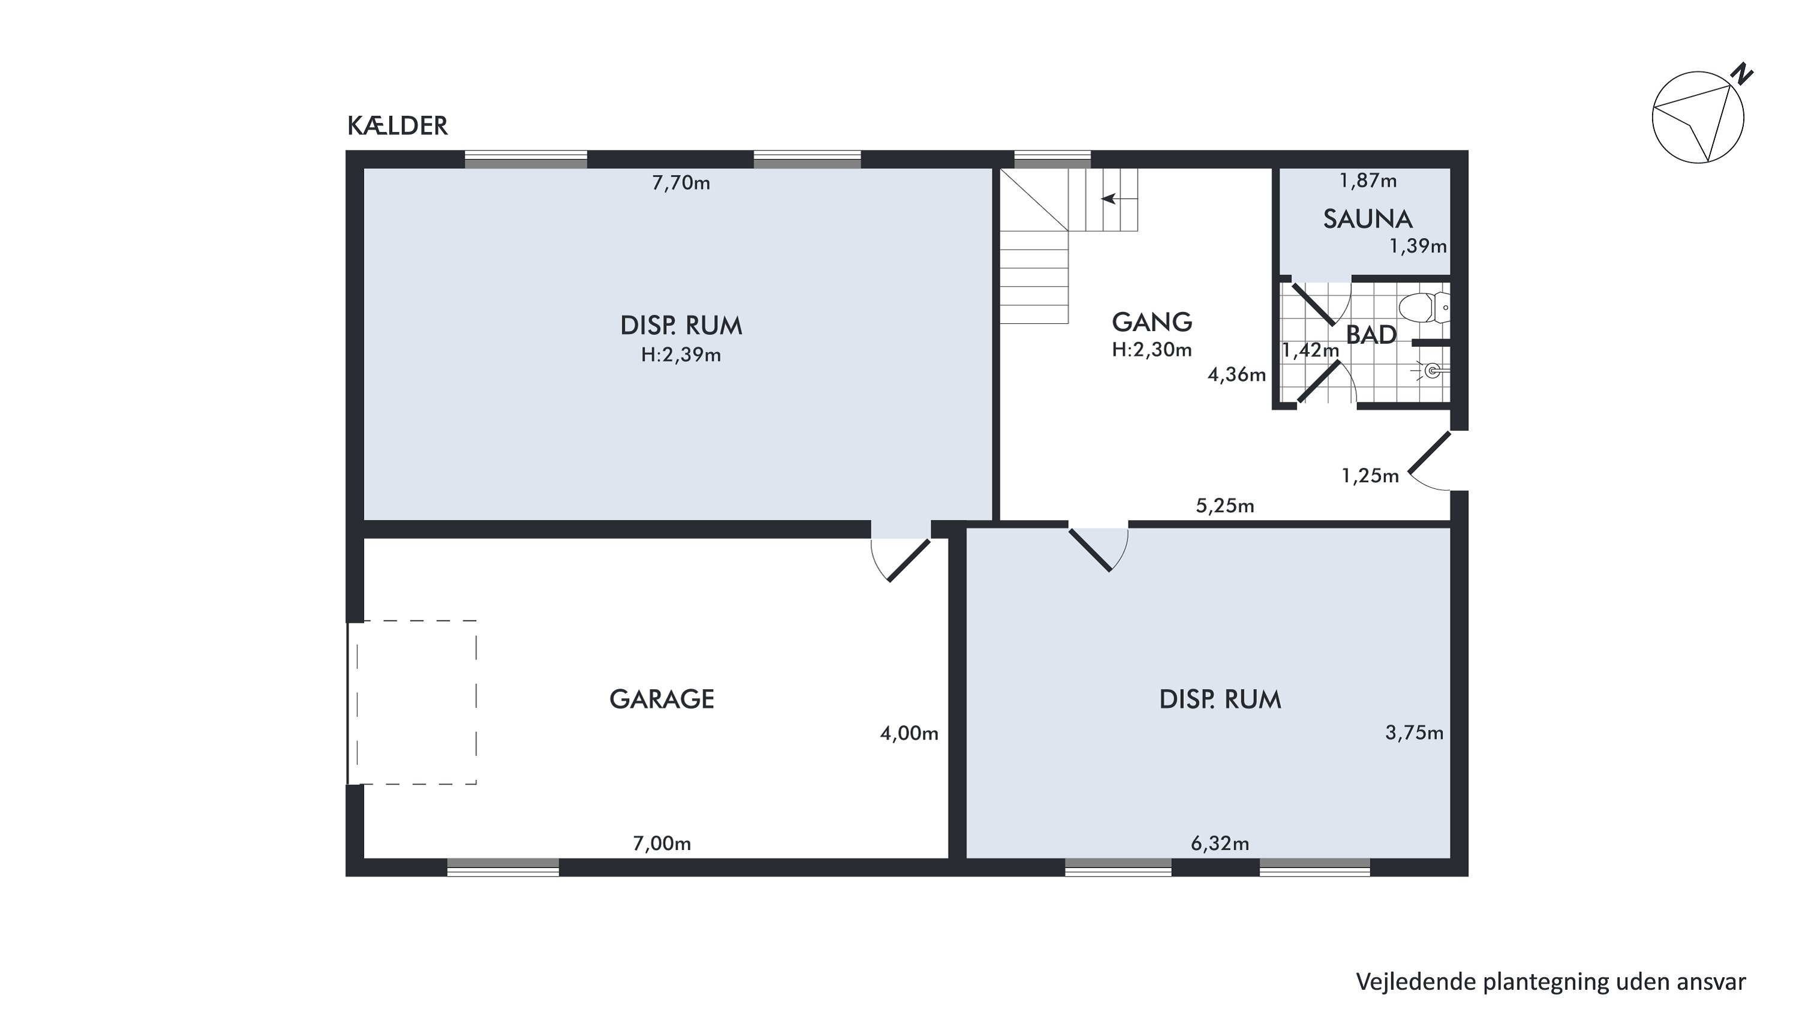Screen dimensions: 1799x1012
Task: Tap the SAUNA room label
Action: [1367, 220]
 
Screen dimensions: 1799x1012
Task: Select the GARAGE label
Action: [662, 699]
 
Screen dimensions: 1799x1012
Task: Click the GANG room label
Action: [1151, 322]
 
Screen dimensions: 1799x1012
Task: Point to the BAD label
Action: [1371, 335]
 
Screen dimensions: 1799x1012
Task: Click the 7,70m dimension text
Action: [681, 183]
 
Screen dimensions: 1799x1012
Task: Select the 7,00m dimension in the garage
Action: [662, 843]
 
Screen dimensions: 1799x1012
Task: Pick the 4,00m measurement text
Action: [909, 733]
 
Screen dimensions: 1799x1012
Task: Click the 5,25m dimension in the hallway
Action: [1226, 506]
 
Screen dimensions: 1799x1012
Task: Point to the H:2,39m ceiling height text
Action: [681, 356]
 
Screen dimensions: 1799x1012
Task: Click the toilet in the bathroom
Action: [1425, 307]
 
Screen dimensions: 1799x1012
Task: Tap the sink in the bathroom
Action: [1431, 370]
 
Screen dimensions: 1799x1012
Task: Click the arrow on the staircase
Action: [1119, 199]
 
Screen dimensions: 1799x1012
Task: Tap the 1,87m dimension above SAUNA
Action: [1367, 181]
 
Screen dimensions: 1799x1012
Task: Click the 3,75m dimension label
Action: [1414, 733]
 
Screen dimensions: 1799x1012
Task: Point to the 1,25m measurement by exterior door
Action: [1370, 476]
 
